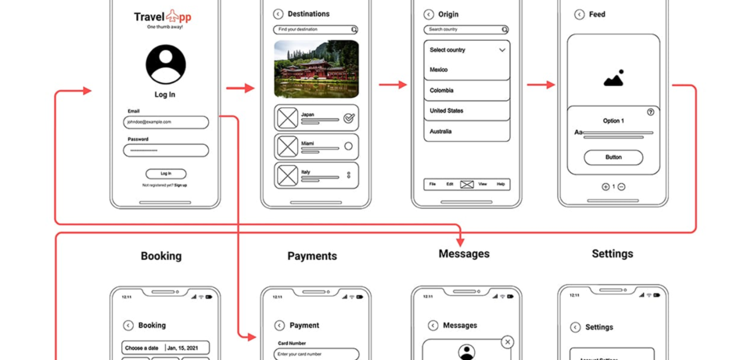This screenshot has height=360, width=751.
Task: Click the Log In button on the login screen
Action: click(166, 174)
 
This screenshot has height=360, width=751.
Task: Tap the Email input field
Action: click(166, 122)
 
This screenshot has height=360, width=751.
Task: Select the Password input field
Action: click(166, 150)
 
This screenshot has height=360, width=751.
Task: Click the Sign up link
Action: click(181, 185)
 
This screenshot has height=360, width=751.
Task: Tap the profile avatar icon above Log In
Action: click(166, 64)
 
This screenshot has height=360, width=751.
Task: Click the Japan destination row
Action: click(316, 118)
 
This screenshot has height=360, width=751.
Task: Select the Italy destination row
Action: click(316, 175)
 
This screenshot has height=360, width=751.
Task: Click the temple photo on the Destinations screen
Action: click(316, 70)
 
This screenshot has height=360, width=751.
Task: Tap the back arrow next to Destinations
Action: click(278, 14)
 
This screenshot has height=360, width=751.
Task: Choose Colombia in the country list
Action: click(466, 91)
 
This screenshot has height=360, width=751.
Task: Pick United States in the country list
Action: click(466, 111)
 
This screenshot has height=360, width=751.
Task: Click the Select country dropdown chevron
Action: click(502, 50)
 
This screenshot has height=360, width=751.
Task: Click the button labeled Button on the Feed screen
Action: click(613, 157)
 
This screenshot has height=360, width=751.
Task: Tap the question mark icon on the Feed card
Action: click(651, 112)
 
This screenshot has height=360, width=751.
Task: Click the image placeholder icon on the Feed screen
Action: click(613, 78)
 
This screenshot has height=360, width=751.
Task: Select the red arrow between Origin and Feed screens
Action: click(541, 85)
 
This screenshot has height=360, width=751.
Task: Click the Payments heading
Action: click(312, 256)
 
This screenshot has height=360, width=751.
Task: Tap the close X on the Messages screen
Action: click(508, 342)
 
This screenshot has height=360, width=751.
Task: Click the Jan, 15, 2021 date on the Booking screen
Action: click(187, 348)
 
